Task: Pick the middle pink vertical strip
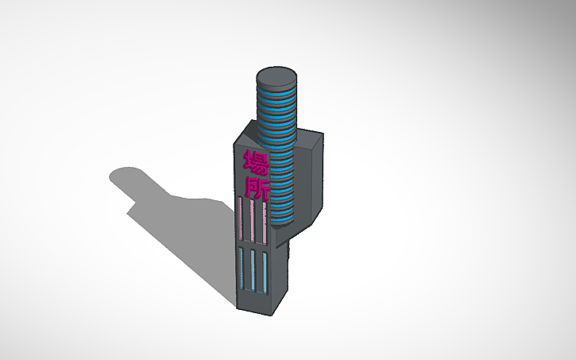click(x=253, y=222)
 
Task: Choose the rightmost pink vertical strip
click(x=263, y=222)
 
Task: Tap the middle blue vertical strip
click(x=253, y=270)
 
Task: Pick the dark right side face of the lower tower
click(x=280, y=270)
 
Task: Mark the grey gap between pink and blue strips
click(x=253, y=245)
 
